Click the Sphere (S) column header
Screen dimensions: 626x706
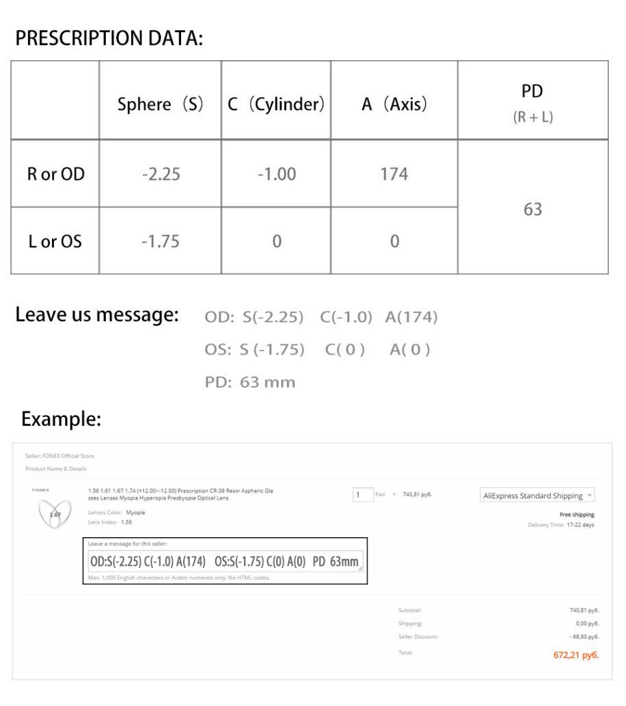point(160,105)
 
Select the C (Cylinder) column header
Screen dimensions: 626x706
point(276,105)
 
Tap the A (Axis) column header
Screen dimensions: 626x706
point(394,105)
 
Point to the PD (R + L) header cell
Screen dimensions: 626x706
point(532,103)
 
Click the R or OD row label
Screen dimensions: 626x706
point(56,174)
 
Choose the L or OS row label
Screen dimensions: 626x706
point(55,241)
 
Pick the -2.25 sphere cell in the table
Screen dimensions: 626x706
point(161,174)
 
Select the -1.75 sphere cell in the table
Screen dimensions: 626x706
point(160,241)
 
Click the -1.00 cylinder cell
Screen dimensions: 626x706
point(277,174)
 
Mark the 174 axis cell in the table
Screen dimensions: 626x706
point(394,174)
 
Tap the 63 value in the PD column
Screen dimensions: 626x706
point(533,209)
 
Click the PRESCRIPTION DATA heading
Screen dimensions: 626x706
point(109,38)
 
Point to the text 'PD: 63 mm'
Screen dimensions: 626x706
point(250,382)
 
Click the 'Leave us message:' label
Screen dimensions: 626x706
point(97,315)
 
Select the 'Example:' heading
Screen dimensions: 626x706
point(61,418)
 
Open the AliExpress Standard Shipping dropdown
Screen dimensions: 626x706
point(537,495)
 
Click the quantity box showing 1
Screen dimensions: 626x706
point(362,494)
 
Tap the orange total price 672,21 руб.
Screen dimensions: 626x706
point(575,655)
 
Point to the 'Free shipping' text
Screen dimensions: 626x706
point(577,514)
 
